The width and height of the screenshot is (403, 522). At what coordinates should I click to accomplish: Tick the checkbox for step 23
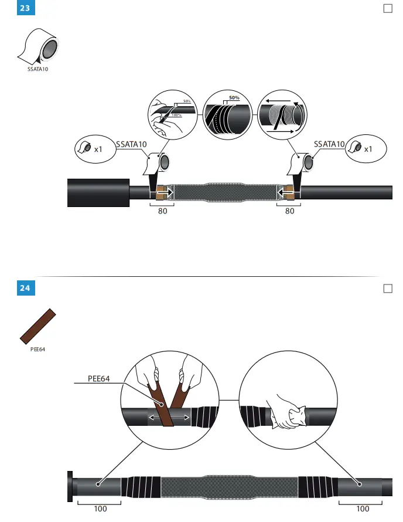coord(387,8)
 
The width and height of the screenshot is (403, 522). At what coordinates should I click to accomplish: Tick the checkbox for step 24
coord(387,288)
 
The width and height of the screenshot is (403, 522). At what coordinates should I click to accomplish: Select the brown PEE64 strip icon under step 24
coord(37,327)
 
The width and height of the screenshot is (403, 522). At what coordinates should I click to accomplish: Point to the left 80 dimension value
coord(162,211)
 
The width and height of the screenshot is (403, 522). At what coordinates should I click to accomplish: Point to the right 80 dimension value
coord(289,211)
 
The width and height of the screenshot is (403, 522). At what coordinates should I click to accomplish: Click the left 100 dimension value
coord(100,509)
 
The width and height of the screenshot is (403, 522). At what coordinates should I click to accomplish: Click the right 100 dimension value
coord(363,509)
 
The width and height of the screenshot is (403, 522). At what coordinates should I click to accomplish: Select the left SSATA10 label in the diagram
coord(131,144)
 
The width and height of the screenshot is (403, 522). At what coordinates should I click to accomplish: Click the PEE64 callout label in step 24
coord(100,379)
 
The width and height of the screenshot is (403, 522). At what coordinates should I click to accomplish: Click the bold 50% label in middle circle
coord(234,97)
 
